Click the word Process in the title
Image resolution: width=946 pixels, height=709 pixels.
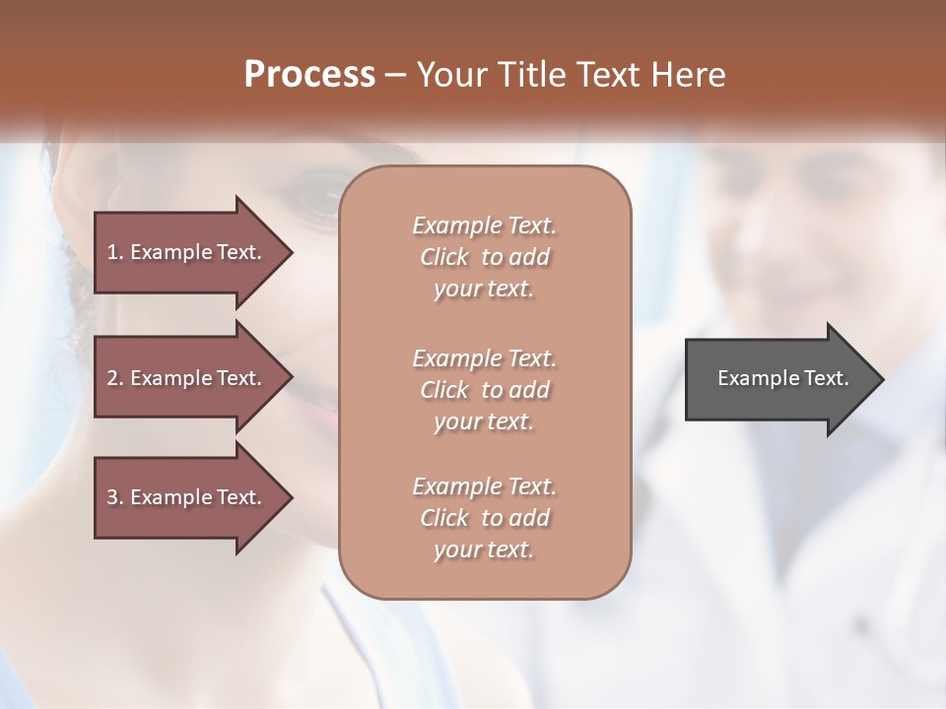[x=309, y=75]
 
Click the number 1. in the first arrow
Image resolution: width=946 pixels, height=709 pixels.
[x=115, y=252]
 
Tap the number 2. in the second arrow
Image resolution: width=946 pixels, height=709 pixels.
[x=115, y=378]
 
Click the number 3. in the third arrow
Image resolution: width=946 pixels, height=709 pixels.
[x=115, y=497]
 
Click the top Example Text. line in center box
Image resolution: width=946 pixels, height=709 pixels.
[x=484, y=226]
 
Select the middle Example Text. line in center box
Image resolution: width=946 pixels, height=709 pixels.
[x=484, y=357]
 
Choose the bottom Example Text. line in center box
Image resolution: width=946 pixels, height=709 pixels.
[x=484, y=486]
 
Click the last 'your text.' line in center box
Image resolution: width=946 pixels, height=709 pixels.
[x=484, y=549]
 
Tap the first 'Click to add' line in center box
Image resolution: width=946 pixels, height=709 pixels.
[x=484, y=257]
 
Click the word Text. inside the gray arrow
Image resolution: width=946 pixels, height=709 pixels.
[x=825, y=378]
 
